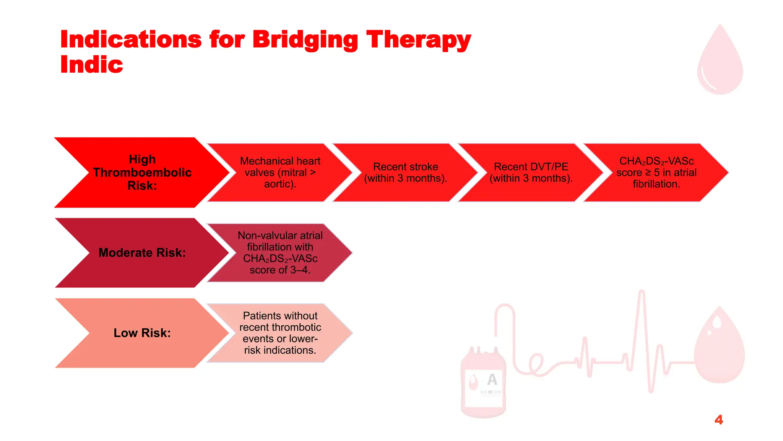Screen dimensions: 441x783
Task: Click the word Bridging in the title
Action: (x=305, y=40)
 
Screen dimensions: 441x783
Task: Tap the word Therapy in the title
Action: (x=418, y=40)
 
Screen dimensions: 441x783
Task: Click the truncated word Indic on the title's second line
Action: (x=92, y=64)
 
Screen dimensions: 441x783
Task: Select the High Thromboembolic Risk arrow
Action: (x=142, y=172)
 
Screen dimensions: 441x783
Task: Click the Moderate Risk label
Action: (x=142, y=253)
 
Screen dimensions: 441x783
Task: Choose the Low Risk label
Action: (x=142, y=333)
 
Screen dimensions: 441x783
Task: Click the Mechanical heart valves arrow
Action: (x=280, y=172)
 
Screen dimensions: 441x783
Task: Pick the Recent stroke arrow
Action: (x=405, y=172)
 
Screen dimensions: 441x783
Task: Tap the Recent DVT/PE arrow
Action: (x=531, y=172)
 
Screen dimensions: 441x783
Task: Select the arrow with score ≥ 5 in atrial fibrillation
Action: (x=656, y=172)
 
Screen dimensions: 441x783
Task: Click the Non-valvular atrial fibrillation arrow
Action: (x=280, y=253)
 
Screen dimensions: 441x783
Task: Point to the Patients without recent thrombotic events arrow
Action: (x=280, y=333)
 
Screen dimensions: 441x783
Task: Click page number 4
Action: (x=718, y=420)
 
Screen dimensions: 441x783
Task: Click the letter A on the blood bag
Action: (x=492, y=379)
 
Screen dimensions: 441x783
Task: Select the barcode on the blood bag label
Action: (x=491, y=392)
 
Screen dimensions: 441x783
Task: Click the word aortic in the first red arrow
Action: (x=279, y=184)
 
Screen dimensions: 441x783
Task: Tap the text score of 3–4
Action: (x=280, y=270)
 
